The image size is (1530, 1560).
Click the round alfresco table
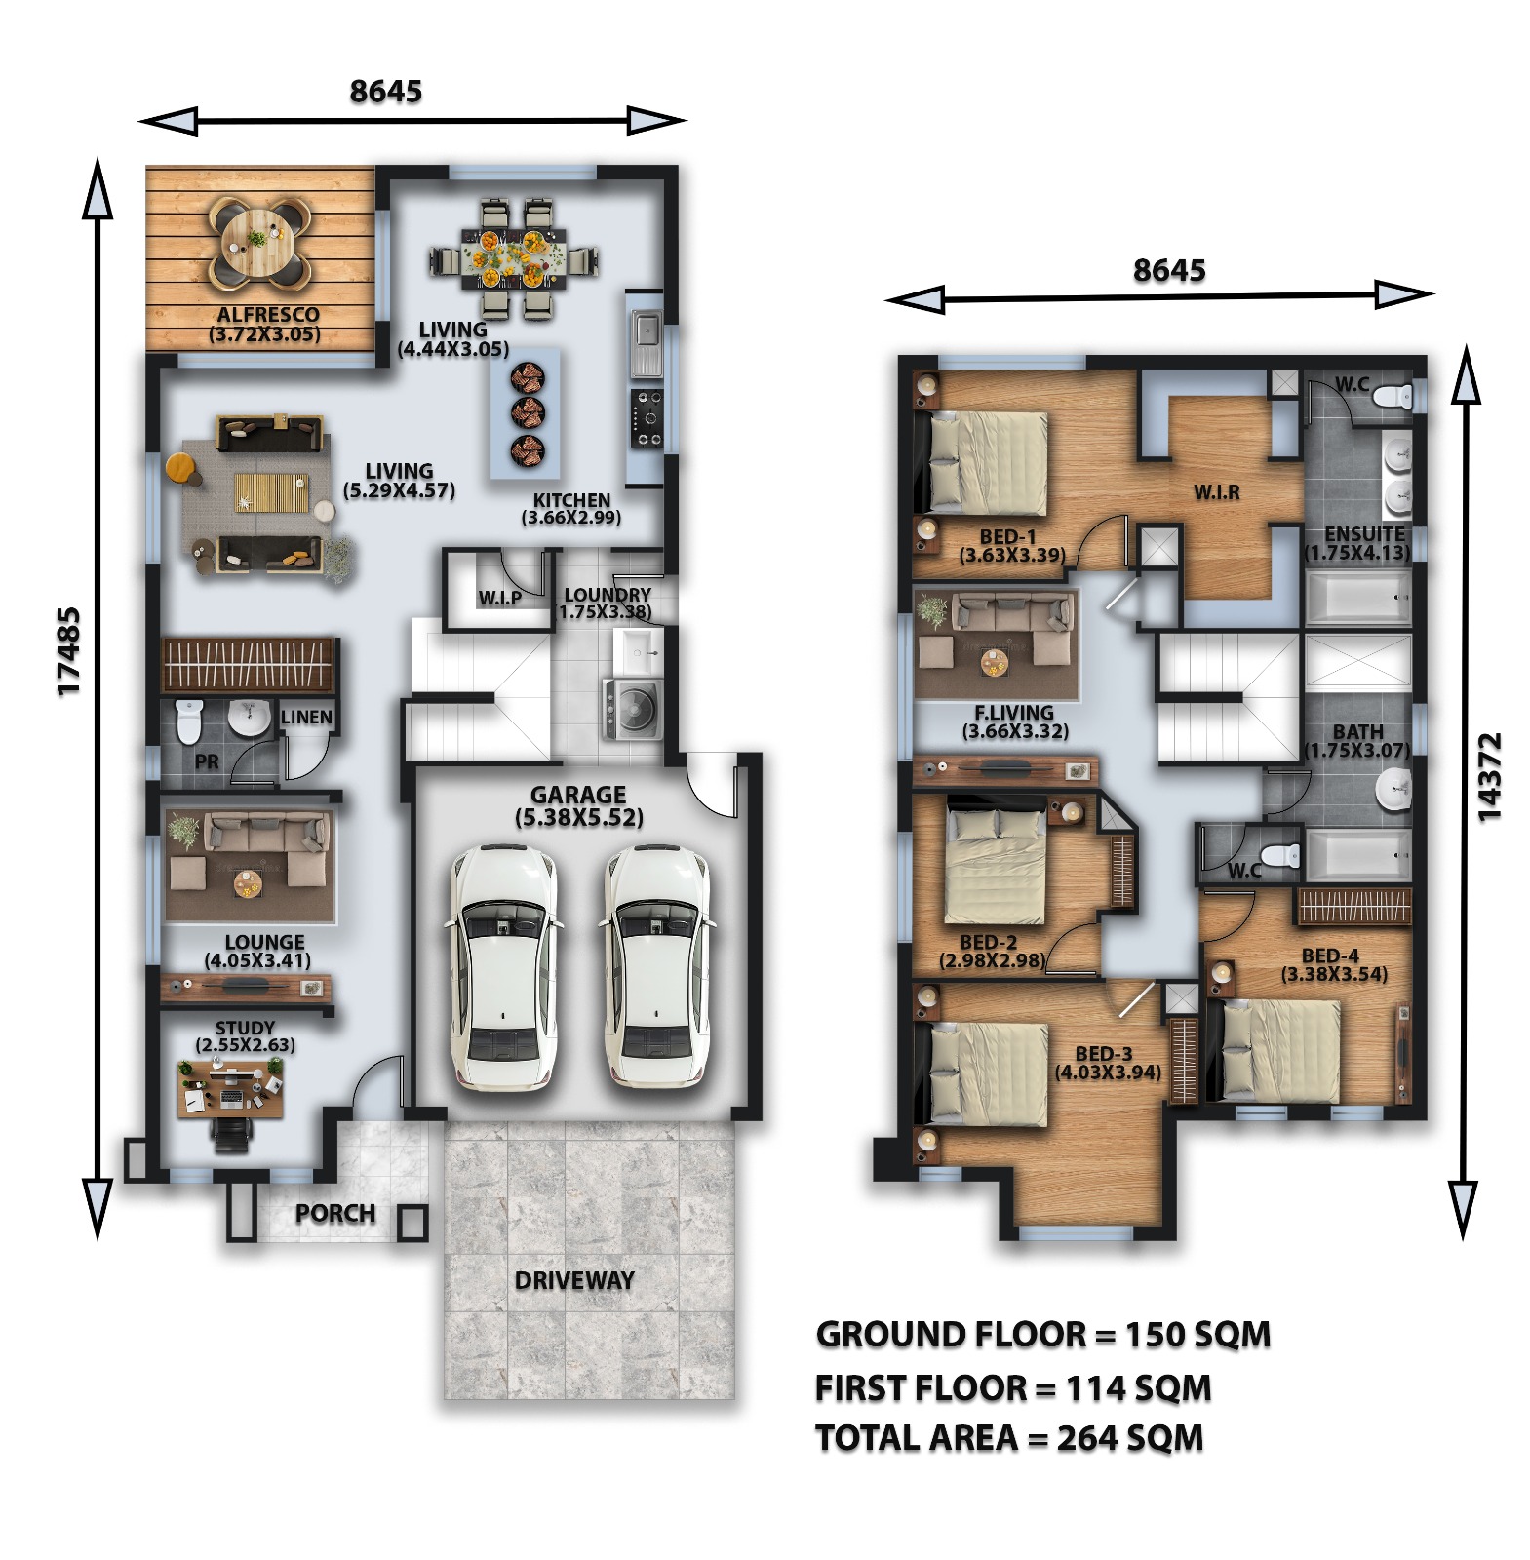(258, 242)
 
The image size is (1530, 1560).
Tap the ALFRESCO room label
(267, 315)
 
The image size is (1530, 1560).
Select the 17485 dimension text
(68, 651)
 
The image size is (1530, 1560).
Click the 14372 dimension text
(1489, 776)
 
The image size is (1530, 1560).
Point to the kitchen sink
(646, 343)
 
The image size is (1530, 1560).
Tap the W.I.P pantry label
(499, 598)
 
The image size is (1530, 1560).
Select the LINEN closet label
(307, 718)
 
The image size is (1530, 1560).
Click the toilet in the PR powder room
(188, 721)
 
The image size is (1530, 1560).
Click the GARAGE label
(578, 796)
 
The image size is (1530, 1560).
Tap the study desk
(231, 1089)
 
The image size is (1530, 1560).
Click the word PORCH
(335, 1214)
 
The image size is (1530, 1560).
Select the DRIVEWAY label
(574, 1281)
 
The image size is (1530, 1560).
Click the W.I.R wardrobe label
(1217, 492)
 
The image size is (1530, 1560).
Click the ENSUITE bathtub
(1358, 597)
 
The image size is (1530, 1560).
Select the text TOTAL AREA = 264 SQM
(1009, 1438)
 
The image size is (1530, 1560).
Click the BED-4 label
(1330, 956)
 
